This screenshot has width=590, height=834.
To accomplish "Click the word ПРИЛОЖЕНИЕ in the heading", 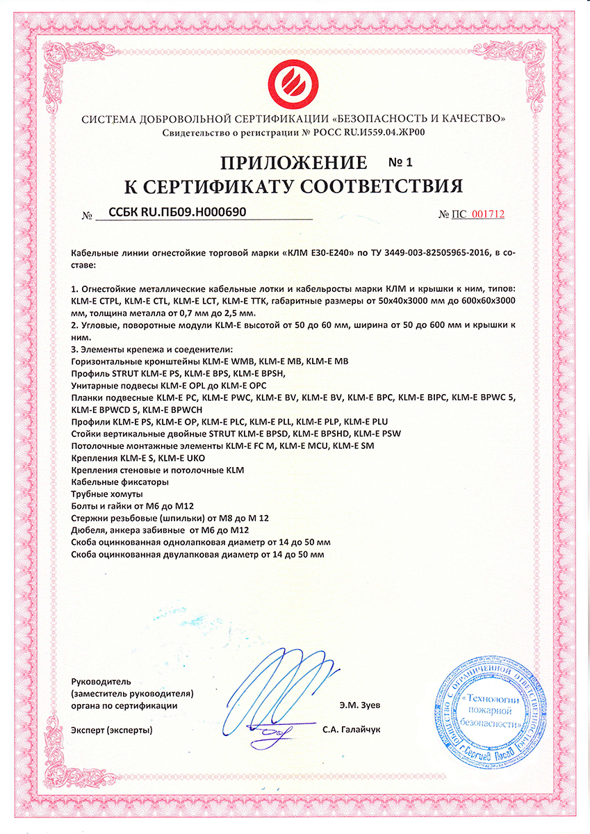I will [293, 163].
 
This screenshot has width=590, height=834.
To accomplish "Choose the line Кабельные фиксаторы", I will [119, 482].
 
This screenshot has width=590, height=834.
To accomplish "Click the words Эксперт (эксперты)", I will [111, 730].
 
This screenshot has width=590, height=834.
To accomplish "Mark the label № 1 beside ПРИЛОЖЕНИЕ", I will [400, 163].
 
